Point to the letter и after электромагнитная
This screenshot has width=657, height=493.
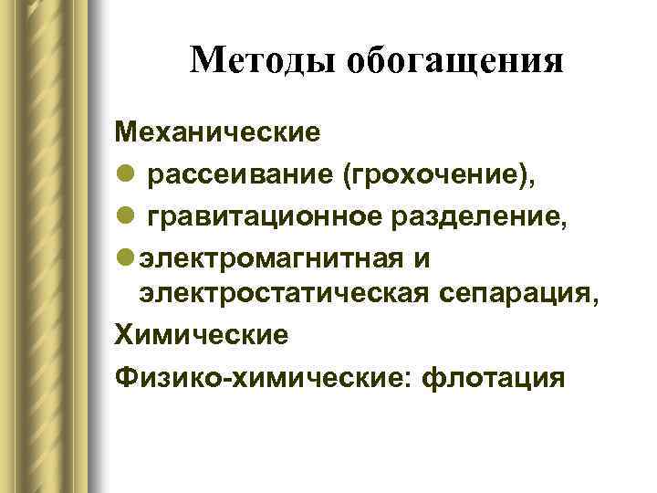pos(421,258)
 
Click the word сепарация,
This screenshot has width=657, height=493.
pos(529,295)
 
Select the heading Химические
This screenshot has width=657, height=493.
pos(201,334)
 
